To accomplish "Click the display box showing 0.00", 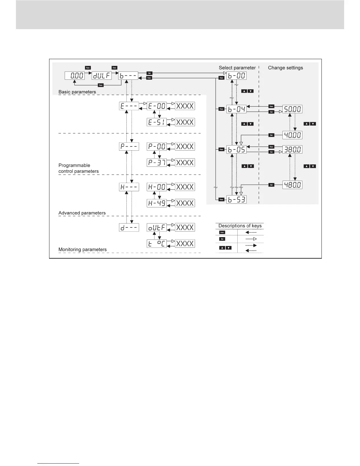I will pos(75,76).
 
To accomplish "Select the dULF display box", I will pos(102,76).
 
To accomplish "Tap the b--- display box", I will pos(129,76).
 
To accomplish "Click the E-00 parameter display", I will pos(156,106).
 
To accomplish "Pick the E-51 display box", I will pos(156,122).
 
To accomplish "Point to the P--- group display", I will pos(129,146).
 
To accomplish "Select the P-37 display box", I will pos(156,162).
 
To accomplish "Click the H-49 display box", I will pos(156,203).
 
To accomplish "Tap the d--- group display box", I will pos(129,227).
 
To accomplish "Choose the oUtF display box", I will pos(156,227).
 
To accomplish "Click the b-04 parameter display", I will pos(236,109).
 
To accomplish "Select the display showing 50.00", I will pos(292,109).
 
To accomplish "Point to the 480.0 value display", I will pos(292,185).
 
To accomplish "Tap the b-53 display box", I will pos(236,200).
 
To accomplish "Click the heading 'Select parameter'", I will pos(237,68).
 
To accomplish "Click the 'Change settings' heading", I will pos(285,68).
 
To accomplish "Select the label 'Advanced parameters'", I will pos(82,213).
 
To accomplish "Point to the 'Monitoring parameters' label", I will pos(82,249).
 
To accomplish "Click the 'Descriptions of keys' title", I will pos(240,226).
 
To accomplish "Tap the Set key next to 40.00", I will pos(271,135).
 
